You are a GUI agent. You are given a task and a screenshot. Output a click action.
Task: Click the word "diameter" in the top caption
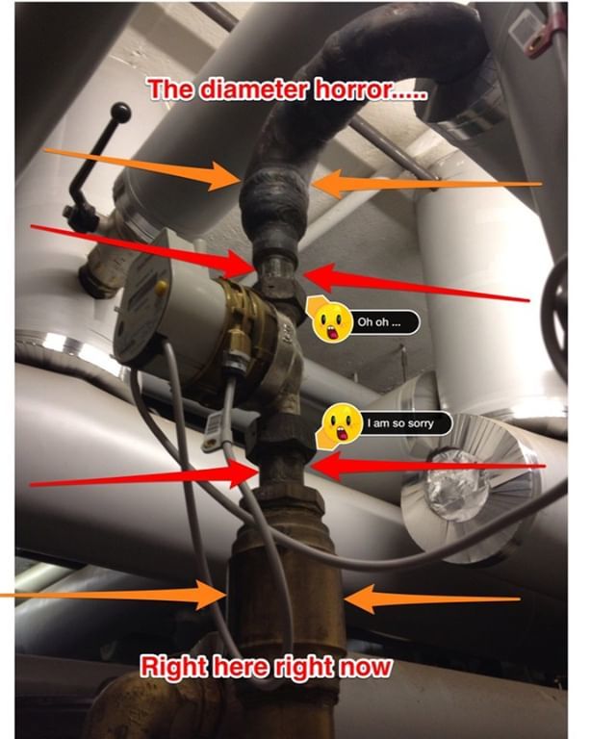click(248, 91)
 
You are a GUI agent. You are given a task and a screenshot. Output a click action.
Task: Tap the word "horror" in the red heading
click(355, 91)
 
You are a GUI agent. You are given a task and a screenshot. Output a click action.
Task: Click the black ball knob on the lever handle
click(122, 113)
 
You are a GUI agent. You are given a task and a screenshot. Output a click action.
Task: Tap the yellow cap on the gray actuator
click(160, 287)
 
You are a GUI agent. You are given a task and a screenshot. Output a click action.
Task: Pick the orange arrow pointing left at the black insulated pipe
click(423, 183)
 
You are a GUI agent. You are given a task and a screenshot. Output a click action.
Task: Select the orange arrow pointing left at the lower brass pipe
click(433, 600)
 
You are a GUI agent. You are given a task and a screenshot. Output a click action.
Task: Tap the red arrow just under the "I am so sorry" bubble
click(423, 468)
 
